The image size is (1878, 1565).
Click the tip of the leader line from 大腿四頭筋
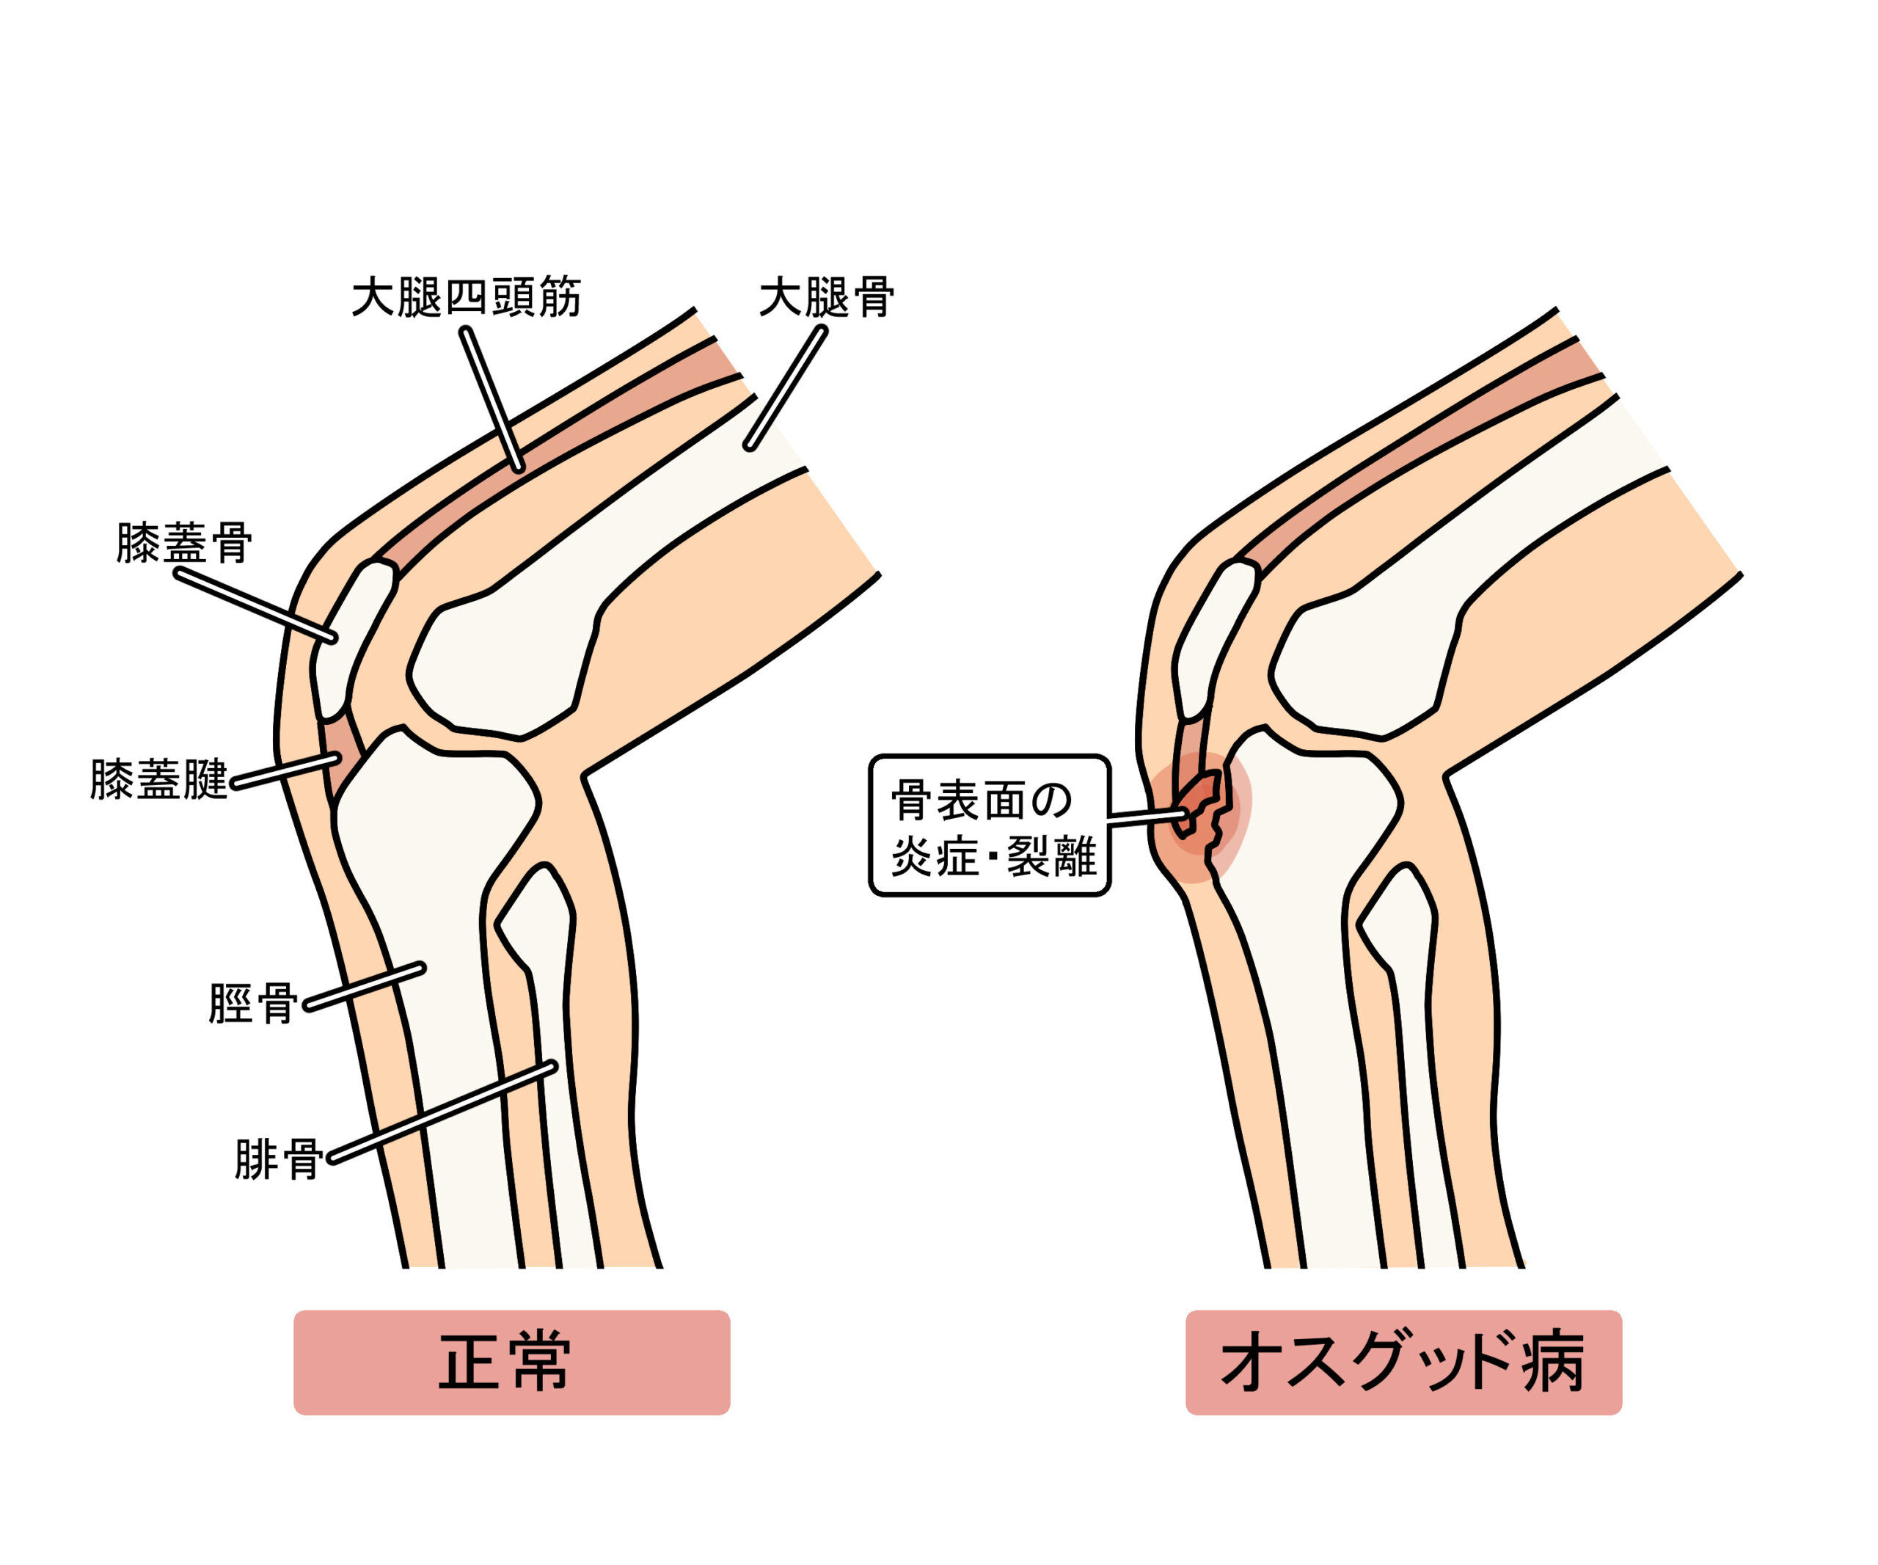point(519,467)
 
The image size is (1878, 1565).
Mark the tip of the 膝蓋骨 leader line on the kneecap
point(332,638)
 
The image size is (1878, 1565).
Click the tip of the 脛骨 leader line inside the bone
point(420,968)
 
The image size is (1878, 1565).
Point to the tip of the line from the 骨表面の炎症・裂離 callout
point(1189,814)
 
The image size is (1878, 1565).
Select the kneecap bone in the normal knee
point(354,638)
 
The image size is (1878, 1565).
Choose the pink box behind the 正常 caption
point(511,1363)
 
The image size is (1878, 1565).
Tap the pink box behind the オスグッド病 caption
point(1404,1363)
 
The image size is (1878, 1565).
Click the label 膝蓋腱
point(159,780)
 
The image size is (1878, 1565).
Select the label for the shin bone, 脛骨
point(253,1004)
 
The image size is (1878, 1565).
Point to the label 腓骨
point(278,1160)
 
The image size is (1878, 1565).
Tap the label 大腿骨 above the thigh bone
point(826,297)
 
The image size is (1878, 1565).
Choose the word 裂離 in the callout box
point(1053,857)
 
